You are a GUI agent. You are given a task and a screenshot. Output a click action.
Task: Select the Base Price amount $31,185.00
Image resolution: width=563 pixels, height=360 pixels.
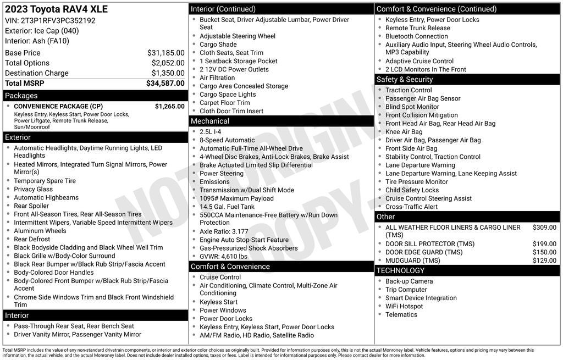click(165, 53)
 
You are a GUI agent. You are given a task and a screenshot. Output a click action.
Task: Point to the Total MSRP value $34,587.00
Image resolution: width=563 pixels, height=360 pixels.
click(165, 84)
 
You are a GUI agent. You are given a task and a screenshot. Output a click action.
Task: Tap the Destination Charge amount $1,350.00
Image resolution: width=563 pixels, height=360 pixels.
click(168, 73)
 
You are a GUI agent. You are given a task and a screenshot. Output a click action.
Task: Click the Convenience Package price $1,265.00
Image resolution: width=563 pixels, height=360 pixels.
click(169, 106)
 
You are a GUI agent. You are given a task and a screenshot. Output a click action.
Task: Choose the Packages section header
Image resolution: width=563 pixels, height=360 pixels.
click(21, 96)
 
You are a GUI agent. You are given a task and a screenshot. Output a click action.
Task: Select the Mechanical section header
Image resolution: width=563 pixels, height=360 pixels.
click(210, 121)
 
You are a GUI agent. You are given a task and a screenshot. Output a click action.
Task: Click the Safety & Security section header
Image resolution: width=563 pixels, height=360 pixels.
click(405, 79)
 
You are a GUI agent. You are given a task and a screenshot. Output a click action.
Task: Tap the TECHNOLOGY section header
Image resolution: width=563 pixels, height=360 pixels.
click(400, 270)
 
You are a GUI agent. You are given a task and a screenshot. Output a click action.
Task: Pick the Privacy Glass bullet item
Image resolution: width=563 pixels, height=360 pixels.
click(34, 189)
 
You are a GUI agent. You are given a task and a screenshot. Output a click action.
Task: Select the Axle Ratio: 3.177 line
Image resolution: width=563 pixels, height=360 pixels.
click(224, 231)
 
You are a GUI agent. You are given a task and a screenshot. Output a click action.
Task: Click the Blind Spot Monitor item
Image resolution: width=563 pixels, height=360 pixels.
click(412, 107)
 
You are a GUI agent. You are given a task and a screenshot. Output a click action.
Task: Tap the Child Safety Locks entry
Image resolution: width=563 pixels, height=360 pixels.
click(412, 190)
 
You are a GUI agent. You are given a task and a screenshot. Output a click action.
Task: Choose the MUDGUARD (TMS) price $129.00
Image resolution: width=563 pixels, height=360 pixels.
click(544, 261)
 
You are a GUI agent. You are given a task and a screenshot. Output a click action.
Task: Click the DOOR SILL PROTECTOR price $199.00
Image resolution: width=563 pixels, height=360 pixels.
click(544, 243)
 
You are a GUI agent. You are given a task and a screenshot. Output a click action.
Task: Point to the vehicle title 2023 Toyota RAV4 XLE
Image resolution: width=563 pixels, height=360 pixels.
click(56, 9)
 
